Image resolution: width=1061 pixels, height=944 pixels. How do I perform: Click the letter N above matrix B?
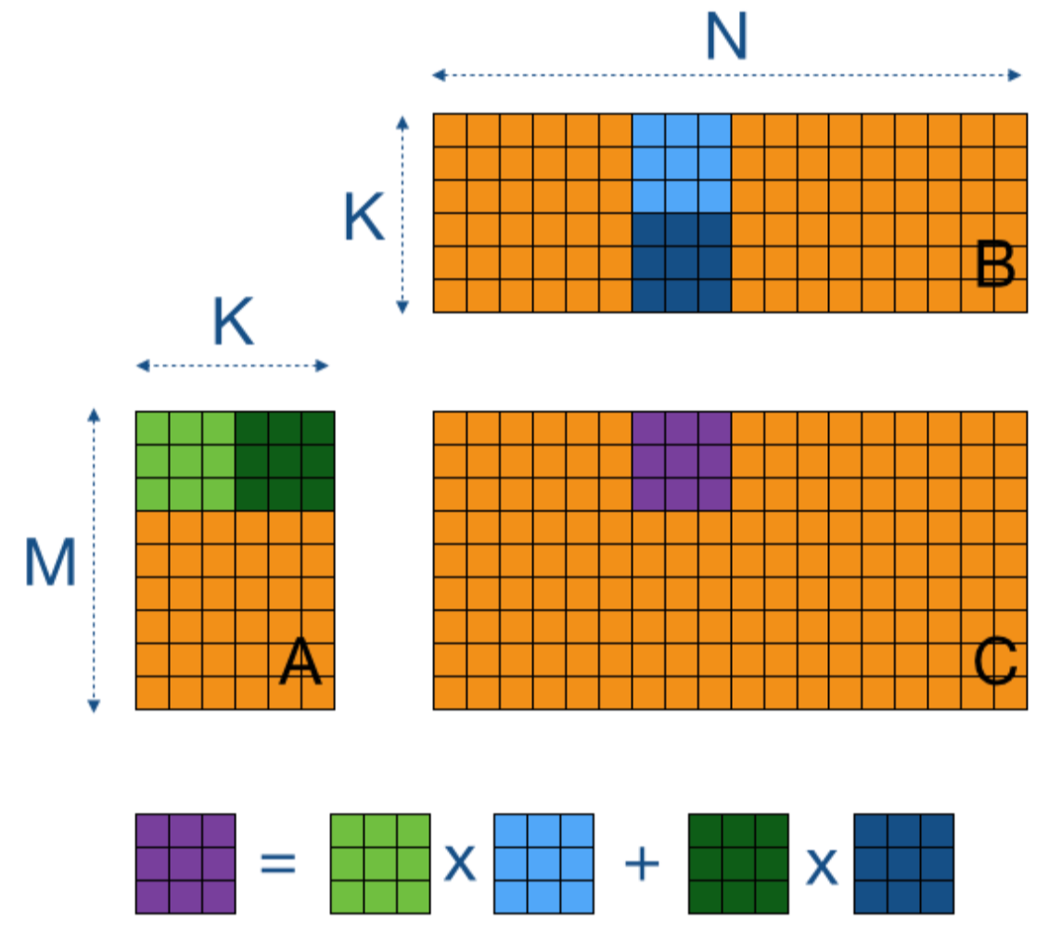coord(726,38)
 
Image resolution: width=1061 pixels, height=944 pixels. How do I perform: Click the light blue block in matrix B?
coord(682,163)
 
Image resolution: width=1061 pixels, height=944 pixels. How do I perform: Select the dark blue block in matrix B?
coord(682,262)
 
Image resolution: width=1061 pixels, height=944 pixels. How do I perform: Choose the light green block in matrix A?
coord(185,461)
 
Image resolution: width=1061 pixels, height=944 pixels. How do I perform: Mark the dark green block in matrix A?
coord(285,461)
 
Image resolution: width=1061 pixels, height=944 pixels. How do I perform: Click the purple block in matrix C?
coord(682,461)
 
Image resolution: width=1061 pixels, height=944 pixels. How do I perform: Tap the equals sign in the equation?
coord(278,864)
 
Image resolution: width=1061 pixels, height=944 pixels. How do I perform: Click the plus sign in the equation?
coord(642,864)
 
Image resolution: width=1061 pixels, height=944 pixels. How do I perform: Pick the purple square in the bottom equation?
coord(185,863)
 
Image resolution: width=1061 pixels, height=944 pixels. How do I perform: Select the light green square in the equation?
coord(380,863)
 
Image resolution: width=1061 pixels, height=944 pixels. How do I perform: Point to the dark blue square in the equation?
coord(903,863)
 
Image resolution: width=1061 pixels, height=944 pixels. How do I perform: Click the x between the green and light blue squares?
coord(461,864)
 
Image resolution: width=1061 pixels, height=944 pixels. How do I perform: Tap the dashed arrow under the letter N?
coord(726,75)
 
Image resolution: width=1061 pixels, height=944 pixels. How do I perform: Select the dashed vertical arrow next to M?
coord(94,560)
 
